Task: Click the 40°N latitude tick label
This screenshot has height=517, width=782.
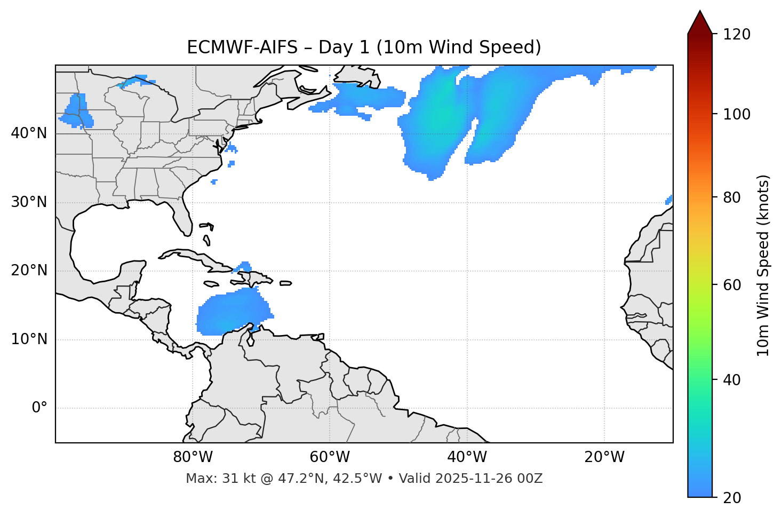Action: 29,133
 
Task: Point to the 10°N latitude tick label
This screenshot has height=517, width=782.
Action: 29,339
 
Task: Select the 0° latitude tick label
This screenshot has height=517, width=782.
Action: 39,408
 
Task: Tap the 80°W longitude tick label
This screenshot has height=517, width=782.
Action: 193,457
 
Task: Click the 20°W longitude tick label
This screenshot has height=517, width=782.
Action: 604,457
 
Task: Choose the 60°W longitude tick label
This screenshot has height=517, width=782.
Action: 330,457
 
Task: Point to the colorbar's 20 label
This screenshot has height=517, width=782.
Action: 731,498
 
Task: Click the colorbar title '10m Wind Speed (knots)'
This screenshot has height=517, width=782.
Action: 763,265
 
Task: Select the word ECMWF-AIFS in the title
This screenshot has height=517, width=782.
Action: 242,47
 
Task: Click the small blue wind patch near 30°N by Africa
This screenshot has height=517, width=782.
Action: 669,200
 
